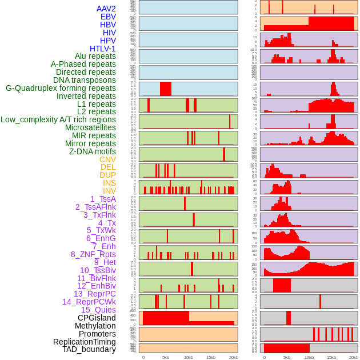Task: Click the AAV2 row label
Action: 106,9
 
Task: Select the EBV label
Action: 108,17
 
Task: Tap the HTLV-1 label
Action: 103,49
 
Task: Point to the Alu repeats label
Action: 95,56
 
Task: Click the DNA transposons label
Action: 85,80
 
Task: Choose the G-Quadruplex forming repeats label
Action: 61,88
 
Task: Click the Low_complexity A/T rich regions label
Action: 58,119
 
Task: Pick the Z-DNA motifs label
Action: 92,151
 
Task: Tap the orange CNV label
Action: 107,159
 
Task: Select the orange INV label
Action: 109,191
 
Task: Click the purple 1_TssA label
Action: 103,199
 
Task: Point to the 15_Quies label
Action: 98,310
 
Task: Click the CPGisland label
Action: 97,318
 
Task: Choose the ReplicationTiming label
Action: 85,342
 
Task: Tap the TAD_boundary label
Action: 89,349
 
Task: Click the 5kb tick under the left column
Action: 166,358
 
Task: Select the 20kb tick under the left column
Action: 233,358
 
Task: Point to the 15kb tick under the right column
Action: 331,358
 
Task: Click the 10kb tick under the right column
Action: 309,358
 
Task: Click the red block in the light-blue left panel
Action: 165,89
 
